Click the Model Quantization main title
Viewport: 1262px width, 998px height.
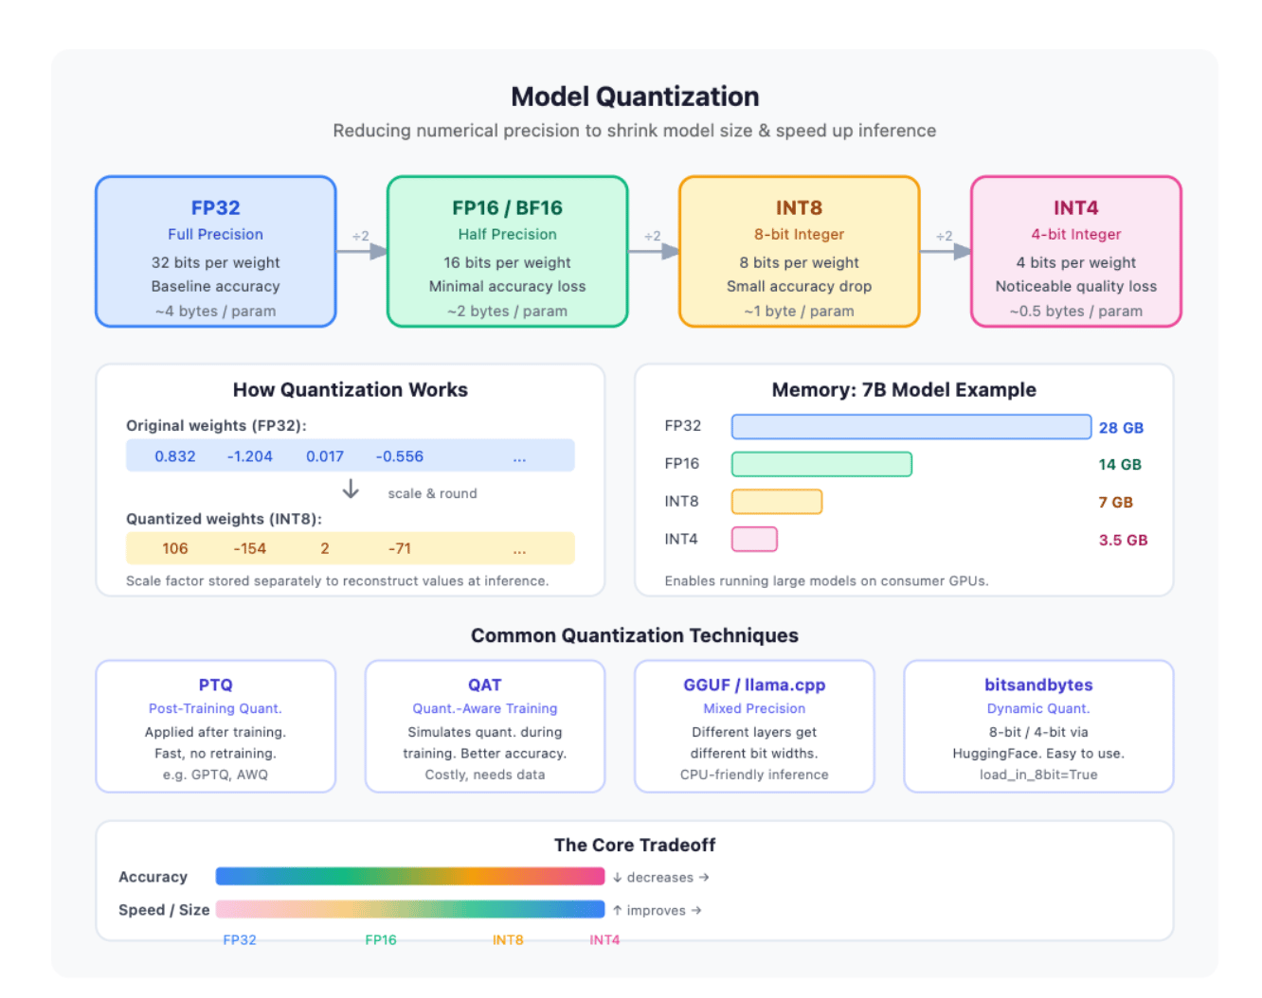[x=635, y=97]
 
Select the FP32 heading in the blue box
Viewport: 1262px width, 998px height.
[x=215, y=207]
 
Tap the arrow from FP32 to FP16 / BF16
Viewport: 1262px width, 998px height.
[x=362, y=252]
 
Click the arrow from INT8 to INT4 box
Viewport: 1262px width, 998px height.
[x=946, y=252]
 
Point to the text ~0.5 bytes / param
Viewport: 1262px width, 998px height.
[x=1075, y=312]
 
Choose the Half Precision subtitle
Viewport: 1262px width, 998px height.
[x=507, y=235]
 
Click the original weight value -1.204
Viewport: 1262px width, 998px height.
[x=250, y=456]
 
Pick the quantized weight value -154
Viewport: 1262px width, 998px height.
[x=250, y=548]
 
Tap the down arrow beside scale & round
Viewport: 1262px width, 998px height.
[x=351, y=489]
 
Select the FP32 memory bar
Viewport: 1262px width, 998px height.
[x=911, y=427]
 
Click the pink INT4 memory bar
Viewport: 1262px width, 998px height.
[x=754, y=539]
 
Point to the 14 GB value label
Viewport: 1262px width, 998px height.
[x=1120, y=465]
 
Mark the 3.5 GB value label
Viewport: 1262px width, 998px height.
[x=1123, y=540]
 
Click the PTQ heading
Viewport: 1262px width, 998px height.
[x=215, y=685]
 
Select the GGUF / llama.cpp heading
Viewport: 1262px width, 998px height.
[x=754, y=685]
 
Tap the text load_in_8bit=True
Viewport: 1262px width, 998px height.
[x=1038, y=775]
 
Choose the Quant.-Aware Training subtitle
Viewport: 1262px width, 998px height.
[x=484, y=708]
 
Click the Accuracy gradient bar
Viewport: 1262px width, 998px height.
[x=410, y=876]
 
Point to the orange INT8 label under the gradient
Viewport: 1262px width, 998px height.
[x=507, y=940]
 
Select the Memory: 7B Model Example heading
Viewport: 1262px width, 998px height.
[x=904, y=390]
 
